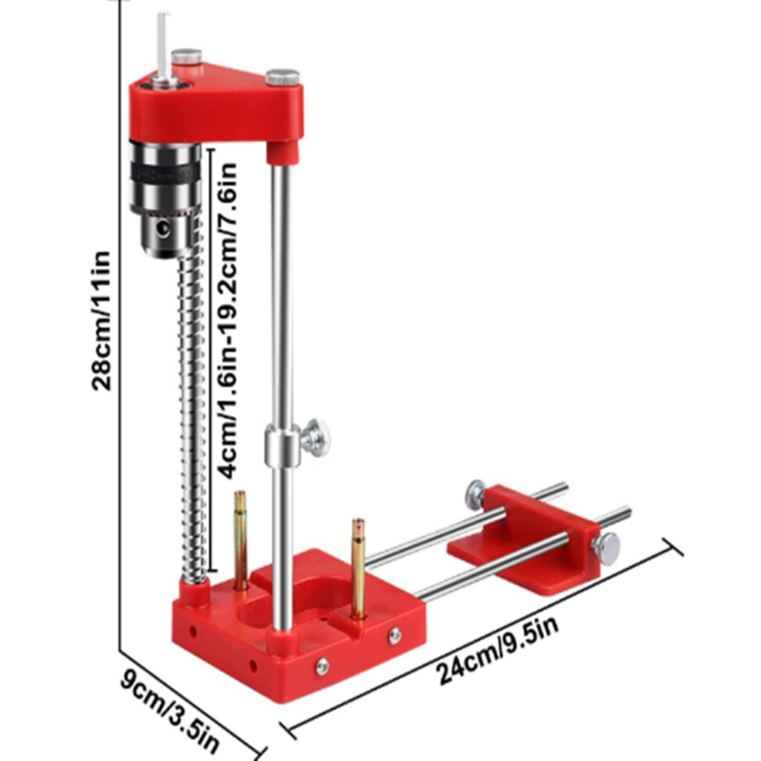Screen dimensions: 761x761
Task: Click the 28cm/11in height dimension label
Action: (101, 321)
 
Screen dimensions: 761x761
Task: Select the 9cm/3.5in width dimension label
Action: (169, 711)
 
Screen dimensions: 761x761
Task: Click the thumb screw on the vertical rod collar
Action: (314, 437)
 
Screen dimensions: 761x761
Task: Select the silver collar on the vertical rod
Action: (282, 444)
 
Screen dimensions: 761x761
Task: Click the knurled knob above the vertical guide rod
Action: (282, 77)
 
